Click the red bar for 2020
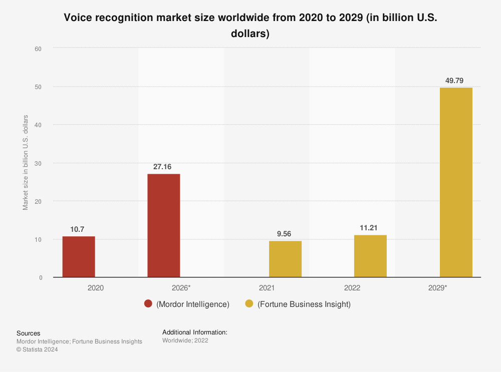(79, 257)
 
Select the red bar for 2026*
(163, 225)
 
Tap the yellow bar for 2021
(285, 259)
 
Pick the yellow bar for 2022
(370, 256)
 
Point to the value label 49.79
(456, 80)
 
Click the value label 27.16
(163, 166)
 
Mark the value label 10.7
(78, 229)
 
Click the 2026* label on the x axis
(181, 288)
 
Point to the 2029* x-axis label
(438, 288)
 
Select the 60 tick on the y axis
(38, 49)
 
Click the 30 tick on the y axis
(38, 163)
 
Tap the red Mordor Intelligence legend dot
(148, 304)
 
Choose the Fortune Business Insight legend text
(304, 304)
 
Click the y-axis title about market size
(26, 163)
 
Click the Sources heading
(29, 333)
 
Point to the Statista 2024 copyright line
(37, 350)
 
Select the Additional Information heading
(195, 332)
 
